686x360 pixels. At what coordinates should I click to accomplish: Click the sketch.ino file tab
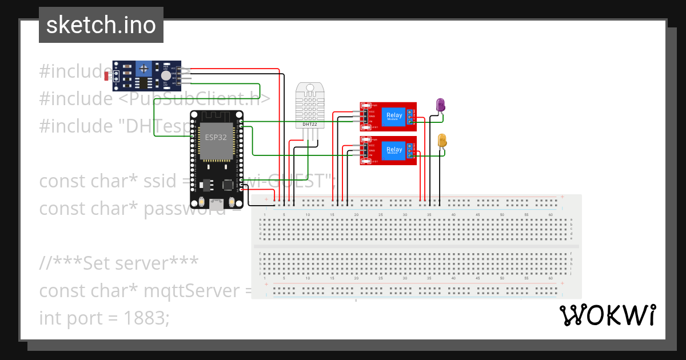point(101,25)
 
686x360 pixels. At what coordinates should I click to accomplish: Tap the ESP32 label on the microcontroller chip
point(215,138)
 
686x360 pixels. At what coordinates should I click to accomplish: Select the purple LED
point(440,104)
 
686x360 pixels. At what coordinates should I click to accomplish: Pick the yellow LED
point(442,139)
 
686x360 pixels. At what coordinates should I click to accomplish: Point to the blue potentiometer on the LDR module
point(144,69)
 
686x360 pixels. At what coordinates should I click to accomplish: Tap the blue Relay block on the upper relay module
point(394,115)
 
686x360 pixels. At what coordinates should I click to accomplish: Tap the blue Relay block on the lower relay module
point(394,150)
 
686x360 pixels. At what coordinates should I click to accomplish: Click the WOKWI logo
point(607,315)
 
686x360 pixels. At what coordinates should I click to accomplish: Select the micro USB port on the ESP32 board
point(217,203)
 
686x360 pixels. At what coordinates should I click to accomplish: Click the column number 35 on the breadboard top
point(429,214)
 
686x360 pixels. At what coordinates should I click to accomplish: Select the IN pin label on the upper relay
point(370,122)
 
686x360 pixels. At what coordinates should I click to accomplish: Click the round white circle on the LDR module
point(166,75)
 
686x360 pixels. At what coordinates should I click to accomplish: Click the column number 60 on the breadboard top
point(550,214)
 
